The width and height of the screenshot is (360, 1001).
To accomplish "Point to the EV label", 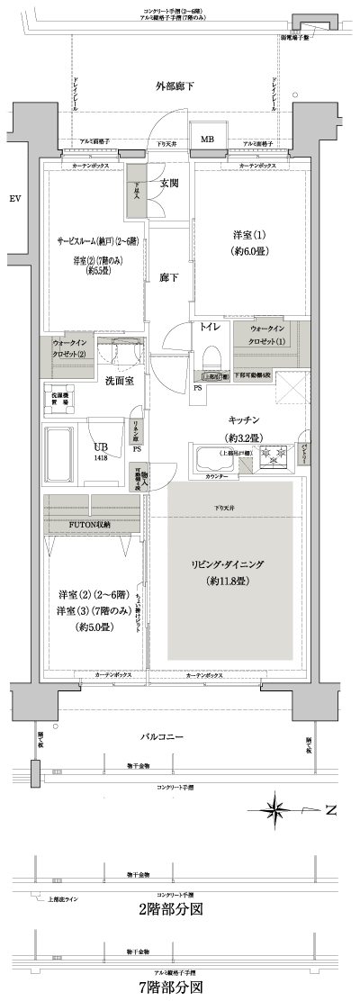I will click(x=13, y=198).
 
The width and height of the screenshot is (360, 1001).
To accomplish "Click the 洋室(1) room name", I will click(x=244, y=235).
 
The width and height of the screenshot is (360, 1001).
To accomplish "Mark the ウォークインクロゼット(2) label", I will click(x=69, y=349).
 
